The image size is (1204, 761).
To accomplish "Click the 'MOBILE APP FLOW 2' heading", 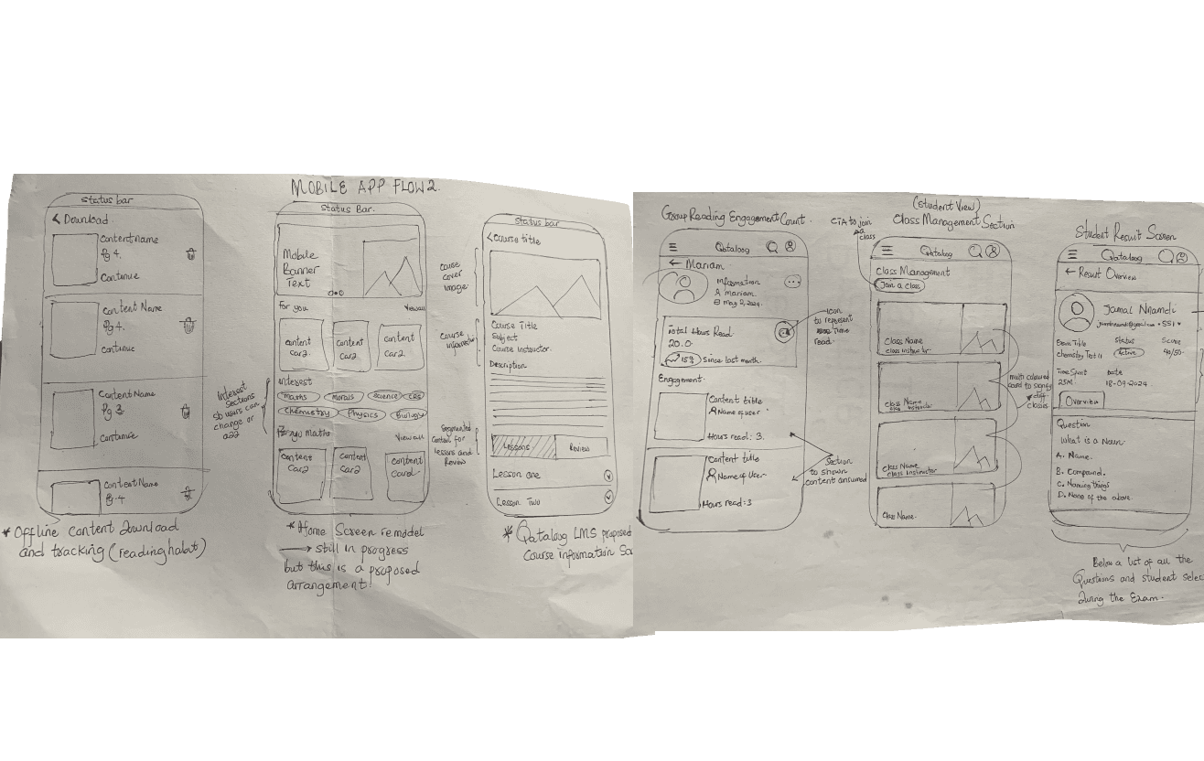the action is (x=365, y=188).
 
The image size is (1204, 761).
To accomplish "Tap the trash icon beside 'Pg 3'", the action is (x=188, y=413).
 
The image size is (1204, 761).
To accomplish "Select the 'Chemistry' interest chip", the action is (x=306, y=413).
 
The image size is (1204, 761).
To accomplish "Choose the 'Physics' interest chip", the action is (x=362, y=414).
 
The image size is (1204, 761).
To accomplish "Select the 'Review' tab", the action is (x=579, y=447).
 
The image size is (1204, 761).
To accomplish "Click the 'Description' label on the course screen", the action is (x=508, y=365).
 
